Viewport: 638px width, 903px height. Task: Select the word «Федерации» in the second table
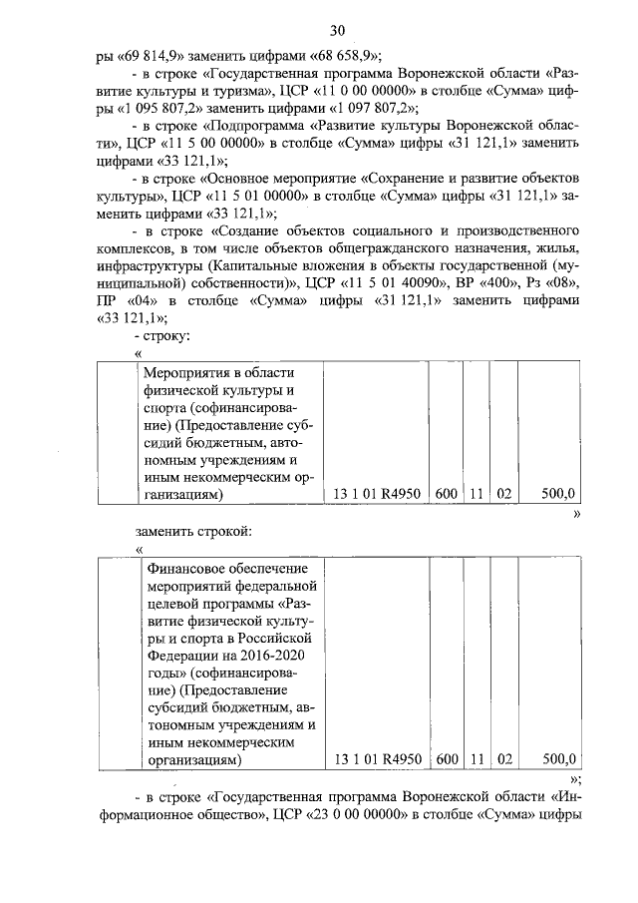click(x=180, y=654)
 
